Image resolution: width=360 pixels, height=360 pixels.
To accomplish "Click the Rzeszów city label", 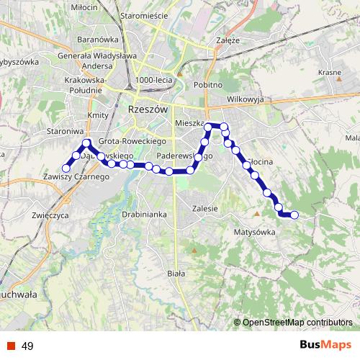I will coord(147,109).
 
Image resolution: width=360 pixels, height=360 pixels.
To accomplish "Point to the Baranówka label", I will coord(98,40).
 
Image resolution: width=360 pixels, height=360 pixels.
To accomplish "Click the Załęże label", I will coord(228,40).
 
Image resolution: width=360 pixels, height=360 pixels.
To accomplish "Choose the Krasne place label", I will coord(329,73).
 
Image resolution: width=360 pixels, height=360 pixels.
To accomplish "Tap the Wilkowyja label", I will coord(246,99).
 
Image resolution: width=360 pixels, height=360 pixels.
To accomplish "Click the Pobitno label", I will coord(208,84).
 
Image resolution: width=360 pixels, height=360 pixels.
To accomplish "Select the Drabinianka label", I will coord(145,214).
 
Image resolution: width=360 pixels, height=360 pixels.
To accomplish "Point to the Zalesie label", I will coord(205,208).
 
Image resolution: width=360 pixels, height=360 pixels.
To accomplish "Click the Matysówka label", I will coord(255,232).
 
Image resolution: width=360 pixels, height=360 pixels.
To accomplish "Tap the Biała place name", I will coord(175,274).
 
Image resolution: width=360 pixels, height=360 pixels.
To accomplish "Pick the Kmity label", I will coord(96,115).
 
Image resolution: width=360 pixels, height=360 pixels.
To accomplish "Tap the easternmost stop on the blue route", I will coord(294,214).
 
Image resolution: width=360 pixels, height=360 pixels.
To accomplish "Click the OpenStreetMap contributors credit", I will coord(297,322).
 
